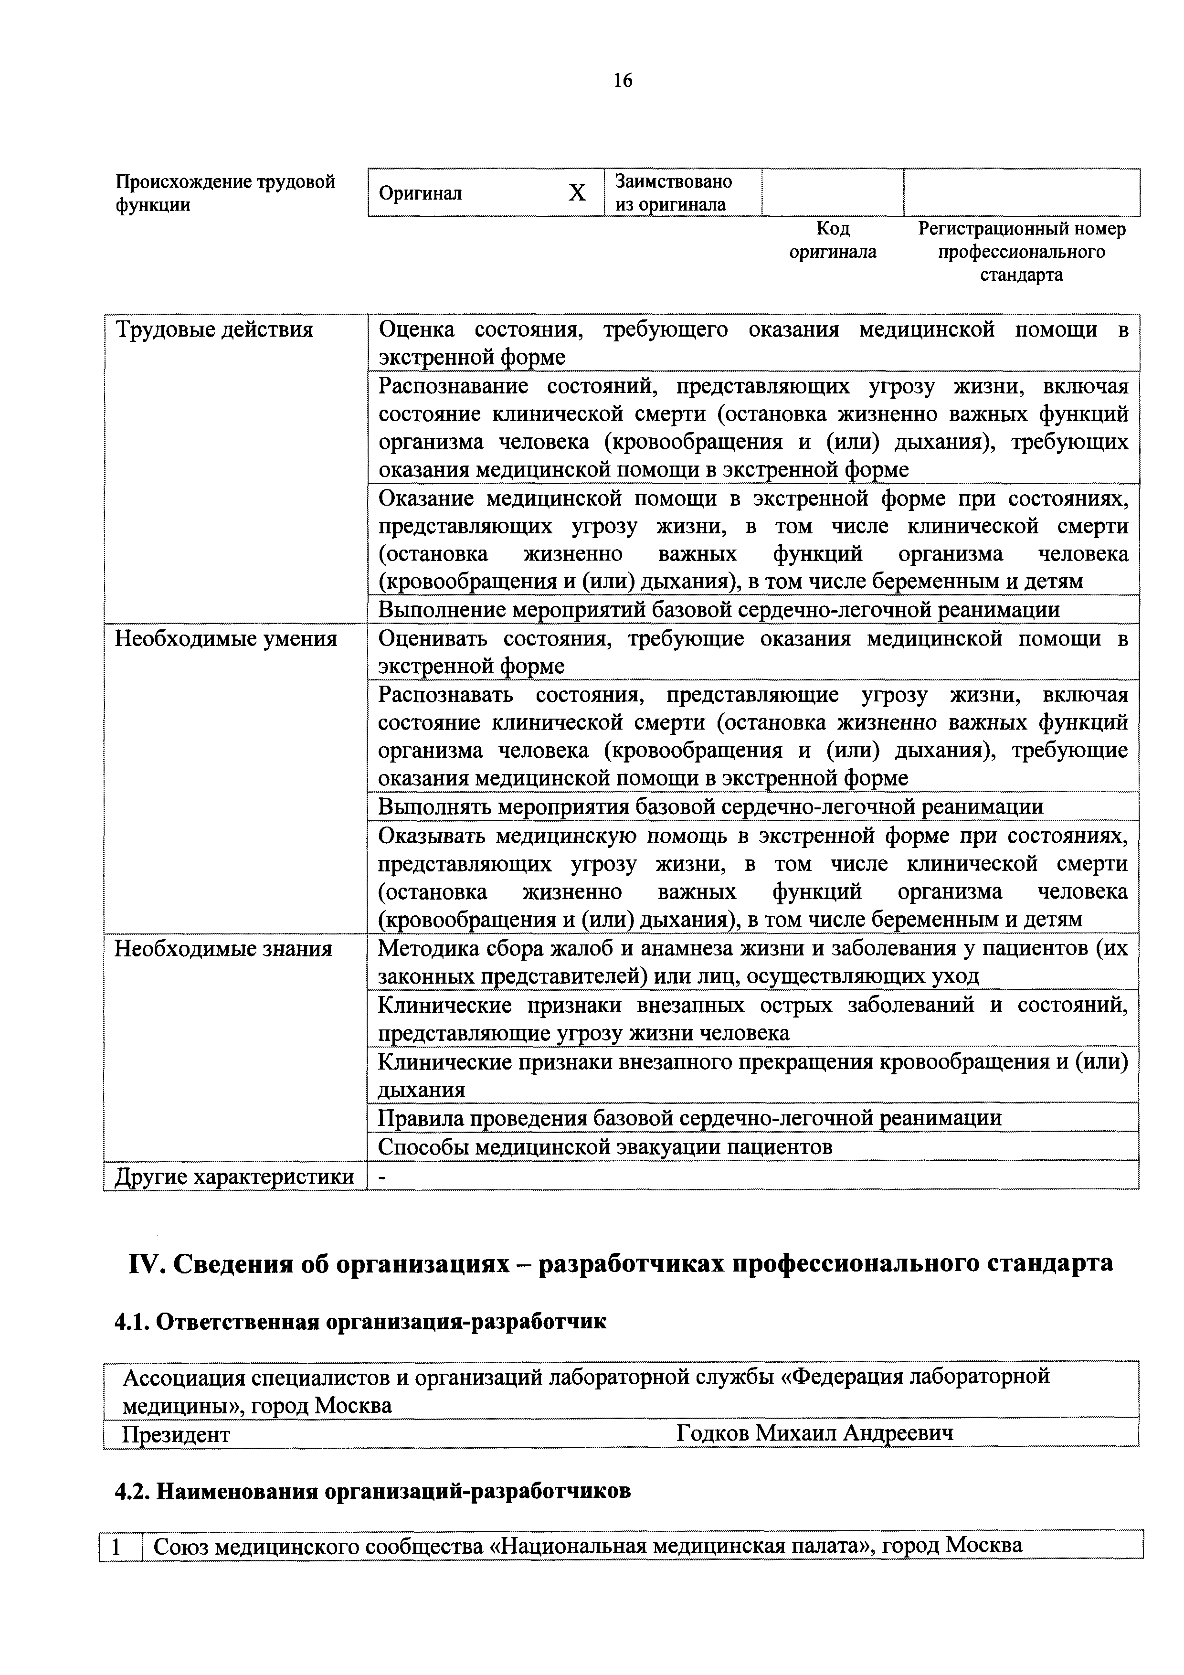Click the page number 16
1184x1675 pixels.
(622, 80)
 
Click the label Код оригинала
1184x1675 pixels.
(833, 240)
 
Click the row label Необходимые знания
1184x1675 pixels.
(223, 949)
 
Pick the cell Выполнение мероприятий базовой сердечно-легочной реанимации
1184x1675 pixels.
(718, 610)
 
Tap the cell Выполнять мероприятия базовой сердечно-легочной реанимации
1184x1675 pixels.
(710, 807)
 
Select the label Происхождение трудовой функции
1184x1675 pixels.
(225, 192)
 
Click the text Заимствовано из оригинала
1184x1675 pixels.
(673, 192)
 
